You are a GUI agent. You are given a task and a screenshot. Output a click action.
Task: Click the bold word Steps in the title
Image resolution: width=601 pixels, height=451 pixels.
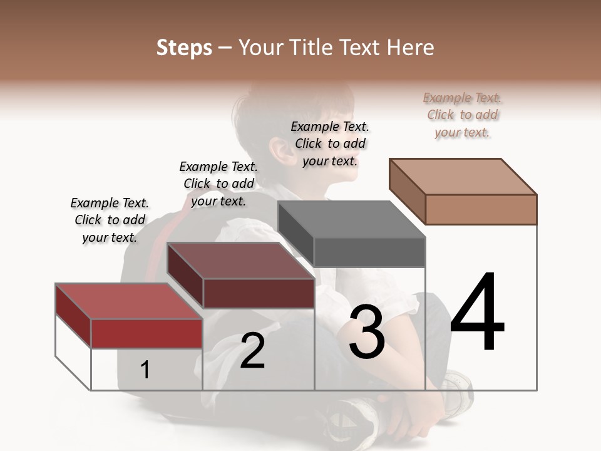click(184, 48)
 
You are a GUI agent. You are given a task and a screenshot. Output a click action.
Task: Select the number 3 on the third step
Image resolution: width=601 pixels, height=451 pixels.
click(366, 332)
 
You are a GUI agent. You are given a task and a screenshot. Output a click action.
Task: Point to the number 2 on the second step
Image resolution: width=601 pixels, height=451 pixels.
click(253, 350)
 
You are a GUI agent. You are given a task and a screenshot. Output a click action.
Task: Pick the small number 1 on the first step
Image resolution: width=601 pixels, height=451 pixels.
click(145, 370)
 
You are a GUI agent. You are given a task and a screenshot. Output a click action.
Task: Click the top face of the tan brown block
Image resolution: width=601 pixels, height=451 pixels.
click(463, 176)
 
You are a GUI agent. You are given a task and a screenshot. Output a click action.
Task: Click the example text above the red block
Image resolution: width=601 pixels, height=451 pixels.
click(110, 220)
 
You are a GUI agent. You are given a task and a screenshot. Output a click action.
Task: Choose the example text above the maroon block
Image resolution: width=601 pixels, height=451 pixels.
click(218, 184)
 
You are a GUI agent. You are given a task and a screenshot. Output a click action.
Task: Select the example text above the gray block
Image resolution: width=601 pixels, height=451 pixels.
click(330, 143)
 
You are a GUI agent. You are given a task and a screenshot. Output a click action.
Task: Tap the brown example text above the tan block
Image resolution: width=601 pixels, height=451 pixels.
click(463, 115)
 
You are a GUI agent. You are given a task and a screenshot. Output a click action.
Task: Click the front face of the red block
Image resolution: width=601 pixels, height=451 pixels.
click(146, 333)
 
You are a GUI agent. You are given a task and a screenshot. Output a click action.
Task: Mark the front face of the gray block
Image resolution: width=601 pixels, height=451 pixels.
click(369, 252)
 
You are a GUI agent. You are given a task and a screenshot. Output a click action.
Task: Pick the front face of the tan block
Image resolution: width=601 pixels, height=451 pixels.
click(481, 209)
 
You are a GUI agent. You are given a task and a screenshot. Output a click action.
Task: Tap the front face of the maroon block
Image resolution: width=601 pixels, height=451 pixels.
click(259, 293)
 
